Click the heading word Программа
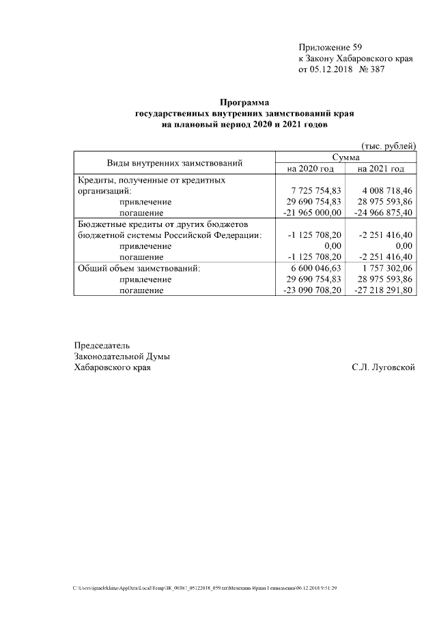pyautogui.click(x=245, y=102)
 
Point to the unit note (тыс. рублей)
pyautogui.click(x=388, y=146)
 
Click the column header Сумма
pyautogui.click(x=345, y=157)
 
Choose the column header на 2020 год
pyautogui.click(x=310, y=168)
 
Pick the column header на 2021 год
pyautogui.click(x=381, y=168)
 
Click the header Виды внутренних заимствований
pyautogui.click(x=175, y=163)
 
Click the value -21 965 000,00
pyautogui.click(x=311, y=213)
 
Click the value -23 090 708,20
pyautogui.click(x=311, y=290)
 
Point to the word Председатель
pyautogui.click(x=102, y=345)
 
